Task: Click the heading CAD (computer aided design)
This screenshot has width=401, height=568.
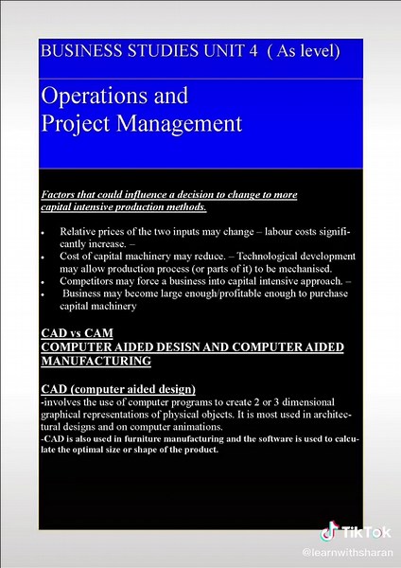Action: point(119,390)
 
